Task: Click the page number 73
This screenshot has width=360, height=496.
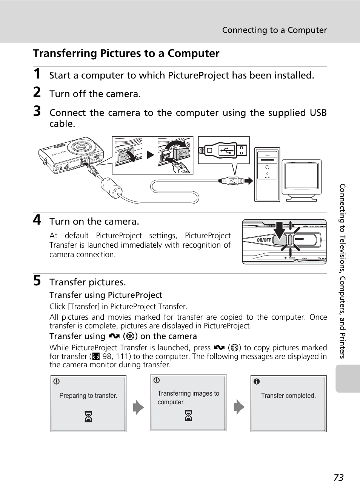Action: pyautogui.click(x=338, y=478)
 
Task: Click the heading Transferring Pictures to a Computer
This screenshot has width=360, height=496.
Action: pyautogui.click(x=126, y=54)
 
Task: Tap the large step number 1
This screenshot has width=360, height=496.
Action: pyautogui.click(x=37, y=74)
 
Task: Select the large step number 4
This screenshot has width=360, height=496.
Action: pyautogui.click(x=37, y=220)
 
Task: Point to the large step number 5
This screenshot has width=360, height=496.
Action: pyautogui.click(x=37, y=281)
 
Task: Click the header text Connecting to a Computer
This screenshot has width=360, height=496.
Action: pyautogui.click(x=274, y=30)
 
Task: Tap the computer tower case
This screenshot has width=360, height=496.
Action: pyautogui.click(x=267, y=174)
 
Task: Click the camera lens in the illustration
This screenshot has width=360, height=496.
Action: pyautogui.click(x=82, y=147)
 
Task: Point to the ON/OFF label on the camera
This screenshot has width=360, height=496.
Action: pyautogui.click(x=264, y=240)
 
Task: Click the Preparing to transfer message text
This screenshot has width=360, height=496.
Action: pyautogui.click(x=88, y=396)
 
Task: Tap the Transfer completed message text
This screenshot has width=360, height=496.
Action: pyautogui.click(x=288, y=396)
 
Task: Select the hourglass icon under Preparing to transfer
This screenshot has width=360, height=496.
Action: pyautogui.click(x=88, y=417)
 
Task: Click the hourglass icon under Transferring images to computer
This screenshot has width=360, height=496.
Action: pyautogui.click(x=188, y=416)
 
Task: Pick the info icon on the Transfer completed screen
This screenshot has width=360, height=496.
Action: pyautogui.click(x=257, y=382)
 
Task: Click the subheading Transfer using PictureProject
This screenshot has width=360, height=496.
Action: pyautogui.click(x=106, y=295)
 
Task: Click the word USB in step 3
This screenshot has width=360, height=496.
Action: pyautogui.click(x=318, y=113)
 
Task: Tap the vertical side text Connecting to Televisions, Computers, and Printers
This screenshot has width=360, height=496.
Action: pyautogui.click(x=342, y=271)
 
